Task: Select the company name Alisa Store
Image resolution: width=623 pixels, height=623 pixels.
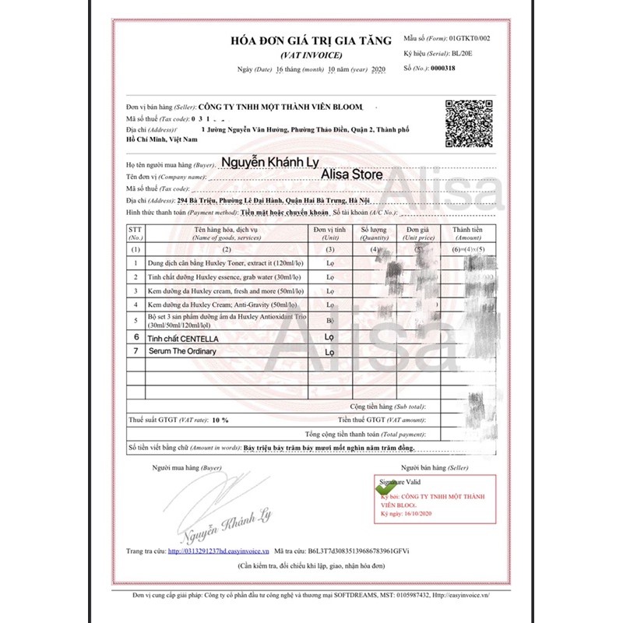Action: click(351, 175)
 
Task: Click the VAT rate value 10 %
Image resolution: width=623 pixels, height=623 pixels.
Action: click(219, 420)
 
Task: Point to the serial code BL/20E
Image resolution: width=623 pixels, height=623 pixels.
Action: click(462, 53)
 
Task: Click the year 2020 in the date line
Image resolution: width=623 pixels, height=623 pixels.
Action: click(378, 70)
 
